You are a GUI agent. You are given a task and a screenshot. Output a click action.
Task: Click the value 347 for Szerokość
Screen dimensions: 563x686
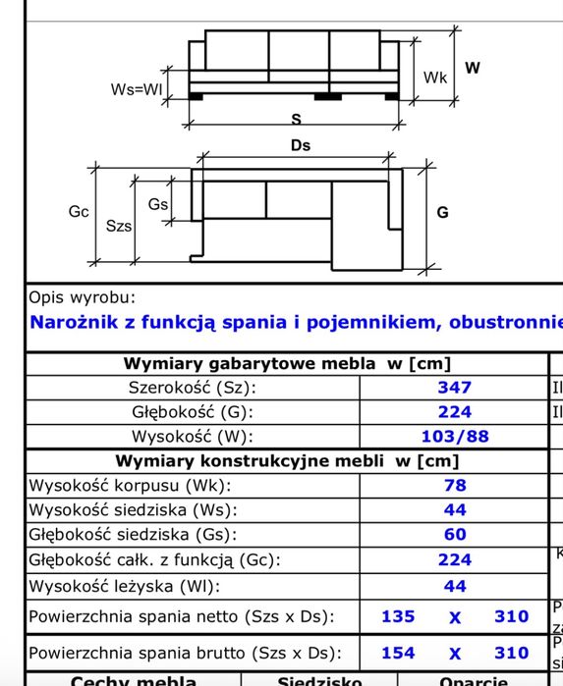(x=454, y=388)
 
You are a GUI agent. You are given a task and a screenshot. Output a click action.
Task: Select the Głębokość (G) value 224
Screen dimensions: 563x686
(x=454, y=412)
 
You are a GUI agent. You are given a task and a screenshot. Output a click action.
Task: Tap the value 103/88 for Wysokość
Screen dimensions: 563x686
(x=454, y=437)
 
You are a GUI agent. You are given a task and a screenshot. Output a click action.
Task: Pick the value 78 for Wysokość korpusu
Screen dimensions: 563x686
(x=455, y=485)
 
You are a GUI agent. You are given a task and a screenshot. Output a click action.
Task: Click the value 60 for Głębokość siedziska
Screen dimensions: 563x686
(x=455, y=535)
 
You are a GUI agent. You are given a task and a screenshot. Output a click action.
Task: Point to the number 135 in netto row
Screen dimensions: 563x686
(x=398, y=617)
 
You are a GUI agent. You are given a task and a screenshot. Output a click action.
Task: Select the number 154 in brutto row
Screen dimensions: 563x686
(x=398, y=653)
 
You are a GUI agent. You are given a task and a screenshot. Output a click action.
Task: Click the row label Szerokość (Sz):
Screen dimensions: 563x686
(x=186, y=388)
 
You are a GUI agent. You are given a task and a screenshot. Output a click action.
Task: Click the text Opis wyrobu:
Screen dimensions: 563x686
(x=83, y=297)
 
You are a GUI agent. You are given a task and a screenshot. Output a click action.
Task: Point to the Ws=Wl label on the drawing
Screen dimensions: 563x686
(x=136, y=89)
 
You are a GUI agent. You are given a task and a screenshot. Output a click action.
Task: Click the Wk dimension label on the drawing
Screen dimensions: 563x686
(x=435, y=77)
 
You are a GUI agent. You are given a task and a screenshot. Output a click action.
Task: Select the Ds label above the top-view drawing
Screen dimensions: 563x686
(x=301, y=145)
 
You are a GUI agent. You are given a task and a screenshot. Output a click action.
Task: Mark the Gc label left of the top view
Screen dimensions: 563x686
(x=80, y=211)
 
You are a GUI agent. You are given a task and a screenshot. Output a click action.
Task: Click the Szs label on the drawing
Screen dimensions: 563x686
(x=119, y=225)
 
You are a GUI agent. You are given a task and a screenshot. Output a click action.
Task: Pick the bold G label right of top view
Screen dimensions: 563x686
(x=442, y=212)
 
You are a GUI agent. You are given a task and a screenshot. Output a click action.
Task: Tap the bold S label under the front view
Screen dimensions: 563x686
(x=295, y=119)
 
